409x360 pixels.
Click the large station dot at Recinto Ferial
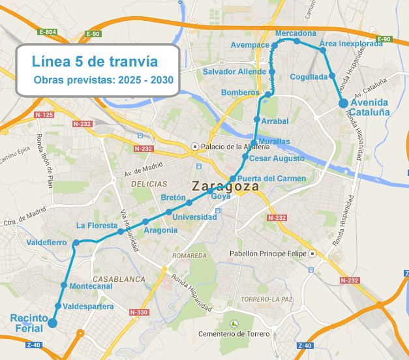coord(52,322)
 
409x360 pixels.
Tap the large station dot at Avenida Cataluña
coord(344,102)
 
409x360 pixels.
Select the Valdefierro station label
coord(46,243)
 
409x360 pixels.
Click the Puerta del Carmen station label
coord(271,178)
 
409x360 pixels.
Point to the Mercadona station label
coord(295,33)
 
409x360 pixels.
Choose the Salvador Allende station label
coord(234,71)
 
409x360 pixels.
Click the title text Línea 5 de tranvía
coord(95,62)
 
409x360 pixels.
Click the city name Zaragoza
coord(224,186)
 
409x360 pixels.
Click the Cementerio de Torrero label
coord(235,334)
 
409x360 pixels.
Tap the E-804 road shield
coord(48,32)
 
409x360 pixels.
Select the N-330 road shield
coord(139,312)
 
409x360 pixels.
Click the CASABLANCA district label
coord(119,278)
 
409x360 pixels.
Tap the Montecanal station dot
coord(64,285)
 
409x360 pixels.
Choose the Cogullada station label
coord(309,76)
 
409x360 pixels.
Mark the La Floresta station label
coord(96,226)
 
